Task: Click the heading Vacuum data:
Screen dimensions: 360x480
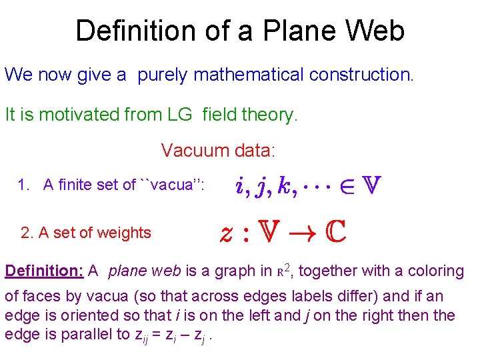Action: pos(217,150)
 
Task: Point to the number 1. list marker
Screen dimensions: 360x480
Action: pos(25,185)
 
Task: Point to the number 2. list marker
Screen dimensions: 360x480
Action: pos(27,233)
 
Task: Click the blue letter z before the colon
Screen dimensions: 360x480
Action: pos(227,233)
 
